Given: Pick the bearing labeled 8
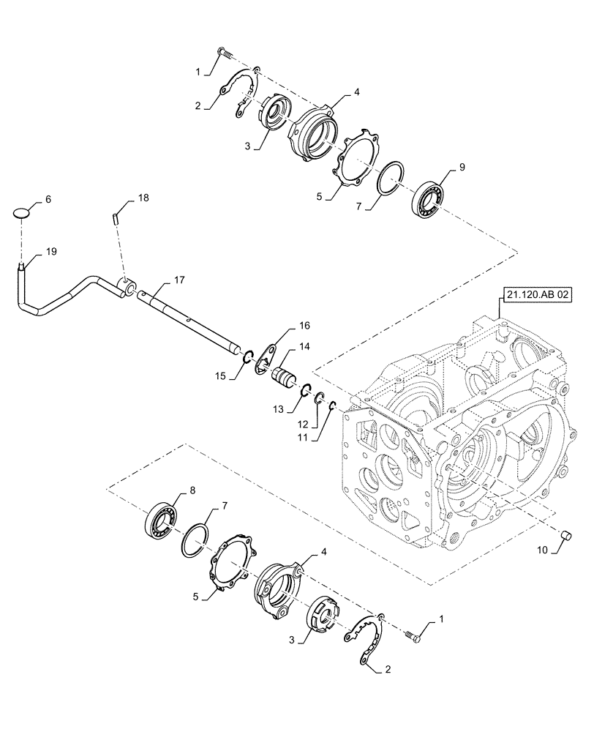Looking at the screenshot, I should [164, 519].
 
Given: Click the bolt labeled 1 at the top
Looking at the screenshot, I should [223, 53].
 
